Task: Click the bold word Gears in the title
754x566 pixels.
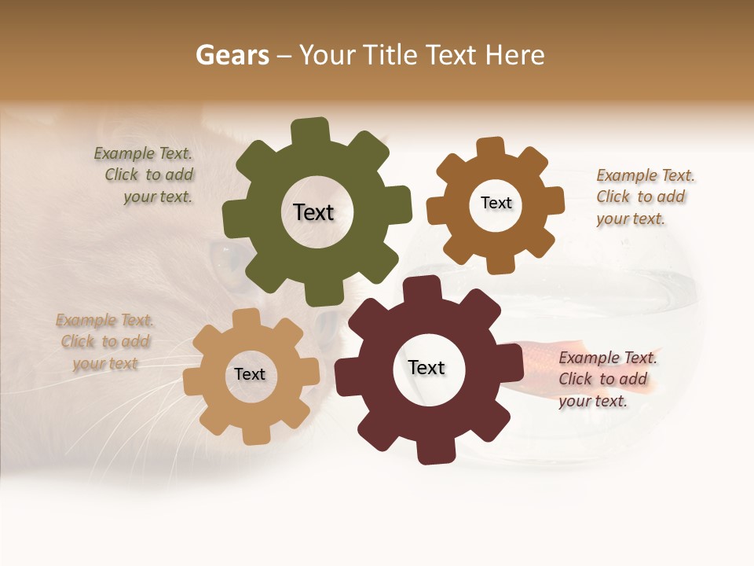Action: point(232,55)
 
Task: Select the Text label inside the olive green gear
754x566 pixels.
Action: point(313,212)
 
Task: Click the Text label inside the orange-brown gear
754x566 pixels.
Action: point(496,203)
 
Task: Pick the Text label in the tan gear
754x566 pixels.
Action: point(250,374)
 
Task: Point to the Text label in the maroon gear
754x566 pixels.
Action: point(426,367)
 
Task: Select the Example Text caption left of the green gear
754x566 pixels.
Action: point(145,175)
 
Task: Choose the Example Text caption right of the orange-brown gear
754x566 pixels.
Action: point(645,197)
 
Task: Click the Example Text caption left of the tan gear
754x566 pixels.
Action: point(105,342)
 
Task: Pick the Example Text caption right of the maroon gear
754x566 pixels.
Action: point(607,379)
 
